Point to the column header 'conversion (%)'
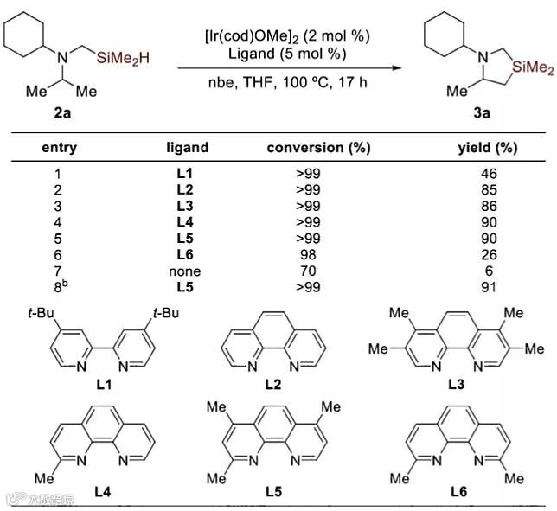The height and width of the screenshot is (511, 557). (x=318, y=147)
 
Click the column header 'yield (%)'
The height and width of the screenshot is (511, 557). (x=487, y=147)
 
